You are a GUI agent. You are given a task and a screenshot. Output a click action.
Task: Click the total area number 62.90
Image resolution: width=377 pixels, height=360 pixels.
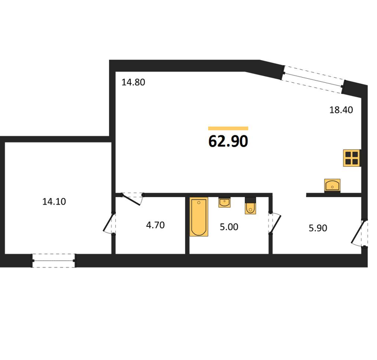[x=228, y=141]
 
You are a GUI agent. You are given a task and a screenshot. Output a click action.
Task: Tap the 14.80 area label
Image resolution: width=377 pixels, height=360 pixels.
[x=133, y=82]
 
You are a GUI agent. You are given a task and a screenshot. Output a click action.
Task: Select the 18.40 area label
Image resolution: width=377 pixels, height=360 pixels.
[x=341, y=110]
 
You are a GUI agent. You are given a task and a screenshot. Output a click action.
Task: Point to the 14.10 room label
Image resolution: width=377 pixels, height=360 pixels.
[x=54, y=202]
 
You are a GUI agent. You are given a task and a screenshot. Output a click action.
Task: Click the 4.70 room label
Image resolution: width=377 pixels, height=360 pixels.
[x=155, y=225]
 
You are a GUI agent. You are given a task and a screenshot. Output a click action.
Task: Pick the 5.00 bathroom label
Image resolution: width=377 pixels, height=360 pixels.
[x=229, y=227]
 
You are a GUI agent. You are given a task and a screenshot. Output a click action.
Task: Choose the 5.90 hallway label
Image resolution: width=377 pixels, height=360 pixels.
[x=318, y=228]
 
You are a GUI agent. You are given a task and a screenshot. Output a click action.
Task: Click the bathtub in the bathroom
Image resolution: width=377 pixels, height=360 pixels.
[x=199, y=217]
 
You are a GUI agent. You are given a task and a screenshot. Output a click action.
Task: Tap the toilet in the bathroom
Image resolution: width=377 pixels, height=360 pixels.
[x=250, y=208]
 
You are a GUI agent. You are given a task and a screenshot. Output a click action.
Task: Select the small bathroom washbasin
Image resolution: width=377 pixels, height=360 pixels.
[x=224, y=203]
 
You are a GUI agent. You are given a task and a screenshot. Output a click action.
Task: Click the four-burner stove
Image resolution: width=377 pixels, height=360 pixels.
[x=352, y=158]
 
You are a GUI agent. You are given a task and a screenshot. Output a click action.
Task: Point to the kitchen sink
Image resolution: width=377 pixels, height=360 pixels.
[x=332, y=186]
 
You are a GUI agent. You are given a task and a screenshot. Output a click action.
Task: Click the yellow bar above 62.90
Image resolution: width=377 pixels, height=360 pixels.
[x=228, y=129]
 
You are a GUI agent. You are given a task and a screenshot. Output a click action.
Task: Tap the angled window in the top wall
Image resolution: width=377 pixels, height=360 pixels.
[x=313, y=79]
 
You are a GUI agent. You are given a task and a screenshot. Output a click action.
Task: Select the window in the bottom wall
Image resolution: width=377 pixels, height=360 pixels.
[x=53, y=260]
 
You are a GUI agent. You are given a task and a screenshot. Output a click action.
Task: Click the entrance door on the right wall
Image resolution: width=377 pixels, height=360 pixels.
[x=359, y=233]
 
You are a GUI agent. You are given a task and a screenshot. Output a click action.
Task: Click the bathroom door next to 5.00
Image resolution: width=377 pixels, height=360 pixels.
[x=275, y=223]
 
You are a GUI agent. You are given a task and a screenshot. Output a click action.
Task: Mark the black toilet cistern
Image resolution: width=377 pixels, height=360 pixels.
[x=250, y=200]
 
